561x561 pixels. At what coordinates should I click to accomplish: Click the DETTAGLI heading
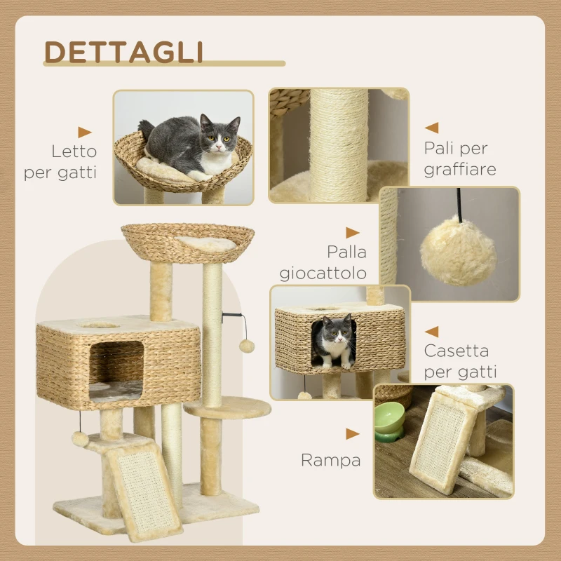(x=124, y=52)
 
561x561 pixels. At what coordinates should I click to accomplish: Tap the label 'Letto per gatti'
(x=61, y=162)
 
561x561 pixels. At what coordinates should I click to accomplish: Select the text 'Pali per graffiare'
(x=459, y=159)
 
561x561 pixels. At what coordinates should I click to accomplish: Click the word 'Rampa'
(x=330, y=460)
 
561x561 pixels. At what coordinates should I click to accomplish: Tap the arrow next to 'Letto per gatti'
(x=85, y=132)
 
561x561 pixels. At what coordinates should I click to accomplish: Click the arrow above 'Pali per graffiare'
(x=431, y=128)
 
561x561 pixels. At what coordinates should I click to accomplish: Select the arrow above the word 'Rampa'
(x=352, y=434)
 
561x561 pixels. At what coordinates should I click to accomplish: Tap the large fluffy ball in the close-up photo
(x=458, y=251)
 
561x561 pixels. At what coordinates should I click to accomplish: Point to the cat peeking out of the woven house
(x=334, y=342)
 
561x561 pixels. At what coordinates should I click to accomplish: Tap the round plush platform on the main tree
(x=228, y=407)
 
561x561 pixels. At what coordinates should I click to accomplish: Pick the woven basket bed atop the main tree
(x=187, y=242)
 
